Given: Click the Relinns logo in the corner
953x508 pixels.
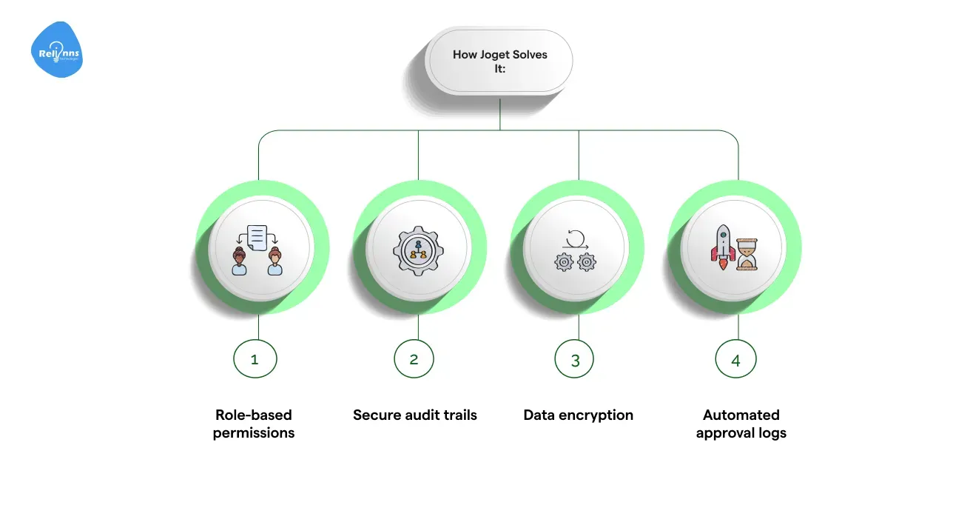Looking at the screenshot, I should pyautogui.click(x=57, y=50).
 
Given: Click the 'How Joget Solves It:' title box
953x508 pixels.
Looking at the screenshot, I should pyautogui.click(x=499, y=62).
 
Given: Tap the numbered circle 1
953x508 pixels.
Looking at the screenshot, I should pyautogui.click(x=255, y=360).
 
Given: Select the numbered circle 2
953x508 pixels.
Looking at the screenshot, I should pyautogui.click(x=414, y=360).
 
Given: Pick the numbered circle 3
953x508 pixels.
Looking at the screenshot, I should pyautogui.click(x=575, y=360).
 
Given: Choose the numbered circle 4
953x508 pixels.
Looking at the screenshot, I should pyautogui.click(x=735, y=360).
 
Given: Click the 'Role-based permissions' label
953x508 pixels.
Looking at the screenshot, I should pyautogui.click(x=254, y=424).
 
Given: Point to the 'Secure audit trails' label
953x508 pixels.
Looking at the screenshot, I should pyautogui.click(x=415, y=415).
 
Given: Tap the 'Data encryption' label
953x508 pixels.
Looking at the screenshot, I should pyautogui.click(x=578, y=415).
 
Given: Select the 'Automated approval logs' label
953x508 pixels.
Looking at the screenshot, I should pyautogui.click(x=741, y=424).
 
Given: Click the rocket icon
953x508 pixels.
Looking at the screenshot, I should pyautogui.click(x=723, y=248).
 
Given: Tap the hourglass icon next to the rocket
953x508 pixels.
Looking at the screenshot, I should pyautogui.click(x=748, y=254).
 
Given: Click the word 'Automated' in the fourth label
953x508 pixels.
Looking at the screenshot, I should pyautogui.click(x=741, y=415).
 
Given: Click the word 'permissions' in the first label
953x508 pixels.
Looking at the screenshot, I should pyautogui.click(x=254, y=432).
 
